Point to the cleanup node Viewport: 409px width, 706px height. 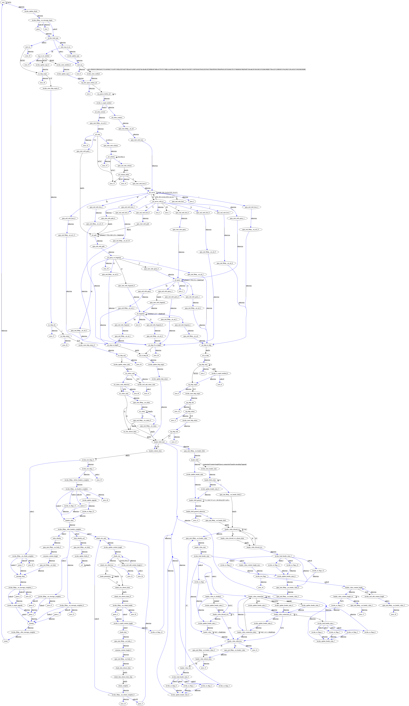tap(31, 605)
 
